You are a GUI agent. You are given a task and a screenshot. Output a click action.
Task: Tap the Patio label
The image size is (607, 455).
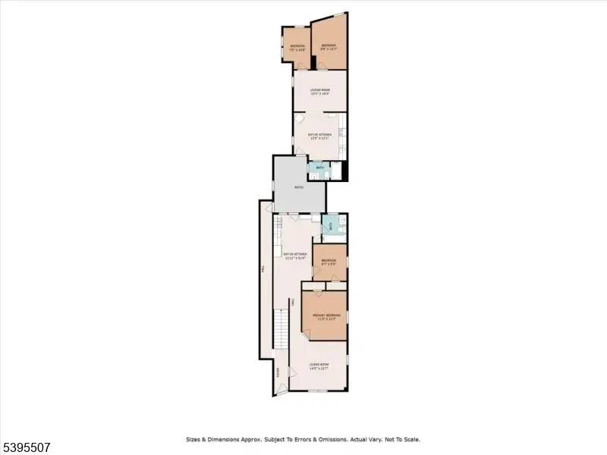point(299,186)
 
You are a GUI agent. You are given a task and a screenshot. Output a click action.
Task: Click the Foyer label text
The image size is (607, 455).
point(278,372)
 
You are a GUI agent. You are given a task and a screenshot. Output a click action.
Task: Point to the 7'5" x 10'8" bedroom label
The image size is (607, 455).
point(297,48)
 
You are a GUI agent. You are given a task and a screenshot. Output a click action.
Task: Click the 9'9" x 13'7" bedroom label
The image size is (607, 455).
point(329,47)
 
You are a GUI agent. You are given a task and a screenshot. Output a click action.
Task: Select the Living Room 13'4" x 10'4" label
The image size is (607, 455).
point(319,92)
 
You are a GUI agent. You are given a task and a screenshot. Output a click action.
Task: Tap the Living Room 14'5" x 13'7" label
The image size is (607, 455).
point(319,366)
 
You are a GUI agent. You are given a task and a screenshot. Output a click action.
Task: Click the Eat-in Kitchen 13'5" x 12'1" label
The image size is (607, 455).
point(319,136)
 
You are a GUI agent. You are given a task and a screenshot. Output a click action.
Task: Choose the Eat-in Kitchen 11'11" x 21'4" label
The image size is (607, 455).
point(294,256)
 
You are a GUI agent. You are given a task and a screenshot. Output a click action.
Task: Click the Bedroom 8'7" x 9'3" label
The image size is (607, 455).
point(329,262)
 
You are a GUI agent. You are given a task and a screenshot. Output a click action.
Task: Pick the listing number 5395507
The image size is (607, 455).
point(26,447)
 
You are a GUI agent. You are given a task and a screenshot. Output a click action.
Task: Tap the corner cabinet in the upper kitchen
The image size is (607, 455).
point(300,119)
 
